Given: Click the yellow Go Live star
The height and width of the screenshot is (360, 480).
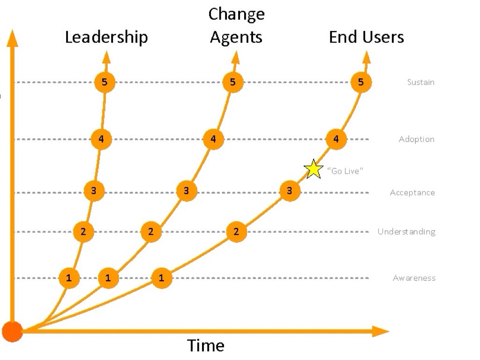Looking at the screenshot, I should pyautogui.click(x=313, y=169).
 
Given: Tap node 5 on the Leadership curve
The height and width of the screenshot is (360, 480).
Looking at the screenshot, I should pyautogui.click(x=105, y=82).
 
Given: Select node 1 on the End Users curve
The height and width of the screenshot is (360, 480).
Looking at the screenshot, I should pyautogui.click(x=162, y=278).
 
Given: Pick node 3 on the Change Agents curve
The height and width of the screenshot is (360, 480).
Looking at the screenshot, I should pyautogui.click(x=187, y=191).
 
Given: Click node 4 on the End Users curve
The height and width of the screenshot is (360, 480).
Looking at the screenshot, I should pyautogui.click(x=336, y=139).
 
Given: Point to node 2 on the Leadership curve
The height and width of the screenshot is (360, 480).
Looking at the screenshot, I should pyautogui.click(x=83, y=232).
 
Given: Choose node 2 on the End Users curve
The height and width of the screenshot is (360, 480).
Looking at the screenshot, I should pyautogui.click(x=236, y=232).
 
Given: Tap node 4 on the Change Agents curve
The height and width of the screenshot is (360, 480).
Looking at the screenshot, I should pyautogui.click(x=213, y=139).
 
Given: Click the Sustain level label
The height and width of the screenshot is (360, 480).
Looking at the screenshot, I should pyautogui.click(x=420, y=82).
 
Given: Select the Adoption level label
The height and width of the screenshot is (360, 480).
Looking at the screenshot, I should pyautogui.click(x=416, y=139).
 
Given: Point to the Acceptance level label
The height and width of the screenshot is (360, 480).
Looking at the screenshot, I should pyautogui.click(x=412, y=193).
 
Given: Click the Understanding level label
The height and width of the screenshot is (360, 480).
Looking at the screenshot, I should pyautogui.click(x=406, y=232).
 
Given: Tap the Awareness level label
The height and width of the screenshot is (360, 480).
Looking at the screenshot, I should pyautogui.click(x=414, y=278).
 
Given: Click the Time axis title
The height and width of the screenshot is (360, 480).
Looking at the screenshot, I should pyautogui.click(x=206, y=346).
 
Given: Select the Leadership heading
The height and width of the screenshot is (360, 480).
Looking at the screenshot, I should pyautogui.click(x=106, y=37).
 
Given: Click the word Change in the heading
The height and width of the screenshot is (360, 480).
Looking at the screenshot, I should pyautogui.click(x=236, y=14).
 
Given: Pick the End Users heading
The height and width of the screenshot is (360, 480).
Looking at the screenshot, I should pyautogui.click(x=366, y=37).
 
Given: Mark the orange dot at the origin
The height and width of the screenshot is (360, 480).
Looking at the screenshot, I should pyautogui.click(x=12, y=331).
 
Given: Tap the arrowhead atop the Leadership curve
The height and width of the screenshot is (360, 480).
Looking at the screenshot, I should pyautogui.click(x=106, y=57).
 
